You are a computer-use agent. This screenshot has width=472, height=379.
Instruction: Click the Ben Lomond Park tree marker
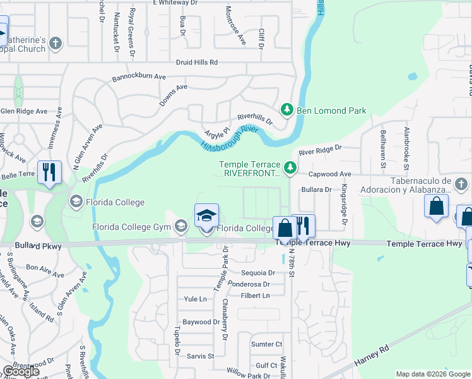287,111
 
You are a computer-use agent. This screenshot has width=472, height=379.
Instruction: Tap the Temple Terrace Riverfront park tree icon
290,168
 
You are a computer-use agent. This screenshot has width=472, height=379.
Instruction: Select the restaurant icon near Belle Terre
48,172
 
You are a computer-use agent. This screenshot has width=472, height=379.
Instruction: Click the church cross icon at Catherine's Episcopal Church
56,44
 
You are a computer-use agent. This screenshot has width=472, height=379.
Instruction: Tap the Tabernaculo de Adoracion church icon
462,184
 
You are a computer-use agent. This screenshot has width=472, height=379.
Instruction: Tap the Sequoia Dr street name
259,273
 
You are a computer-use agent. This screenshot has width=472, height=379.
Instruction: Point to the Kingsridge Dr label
345,204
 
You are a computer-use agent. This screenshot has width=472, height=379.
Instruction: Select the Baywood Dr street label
197,322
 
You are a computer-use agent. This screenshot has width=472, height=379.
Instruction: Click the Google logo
21,371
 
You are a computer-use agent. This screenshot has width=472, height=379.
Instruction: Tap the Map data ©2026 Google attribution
432,374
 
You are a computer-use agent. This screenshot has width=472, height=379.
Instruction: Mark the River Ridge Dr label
320,150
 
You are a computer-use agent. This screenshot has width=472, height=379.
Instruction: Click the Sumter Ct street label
266,344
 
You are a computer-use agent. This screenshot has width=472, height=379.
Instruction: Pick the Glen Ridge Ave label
24,111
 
